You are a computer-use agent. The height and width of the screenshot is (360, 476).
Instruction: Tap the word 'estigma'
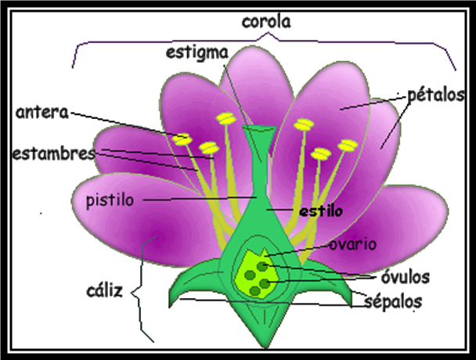196,53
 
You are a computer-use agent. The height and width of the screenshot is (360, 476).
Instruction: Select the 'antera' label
41,113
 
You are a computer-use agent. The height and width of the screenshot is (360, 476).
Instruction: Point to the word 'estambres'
53,152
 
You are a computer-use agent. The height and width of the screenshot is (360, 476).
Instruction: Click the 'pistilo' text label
110,200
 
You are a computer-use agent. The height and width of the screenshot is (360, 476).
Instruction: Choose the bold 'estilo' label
320,211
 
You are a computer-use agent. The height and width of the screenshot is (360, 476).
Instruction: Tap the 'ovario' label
352,244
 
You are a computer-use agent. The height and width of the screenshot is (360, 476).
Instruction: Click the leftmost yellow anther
182,139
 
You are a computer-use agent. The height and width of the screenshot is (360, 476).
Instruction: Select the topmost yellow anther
226,119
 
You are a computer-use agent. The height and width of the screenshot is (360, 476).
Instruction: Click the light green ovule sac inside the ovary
256,274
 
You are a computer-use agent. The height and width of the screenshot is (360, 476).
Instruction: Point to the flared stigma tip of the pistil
258,135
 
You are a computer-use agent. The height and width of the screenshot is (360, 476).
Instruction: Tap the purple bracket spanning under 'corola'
266,41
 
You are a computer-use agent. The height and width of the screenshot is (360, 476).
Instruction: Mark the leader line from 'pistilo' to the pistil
196,200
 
